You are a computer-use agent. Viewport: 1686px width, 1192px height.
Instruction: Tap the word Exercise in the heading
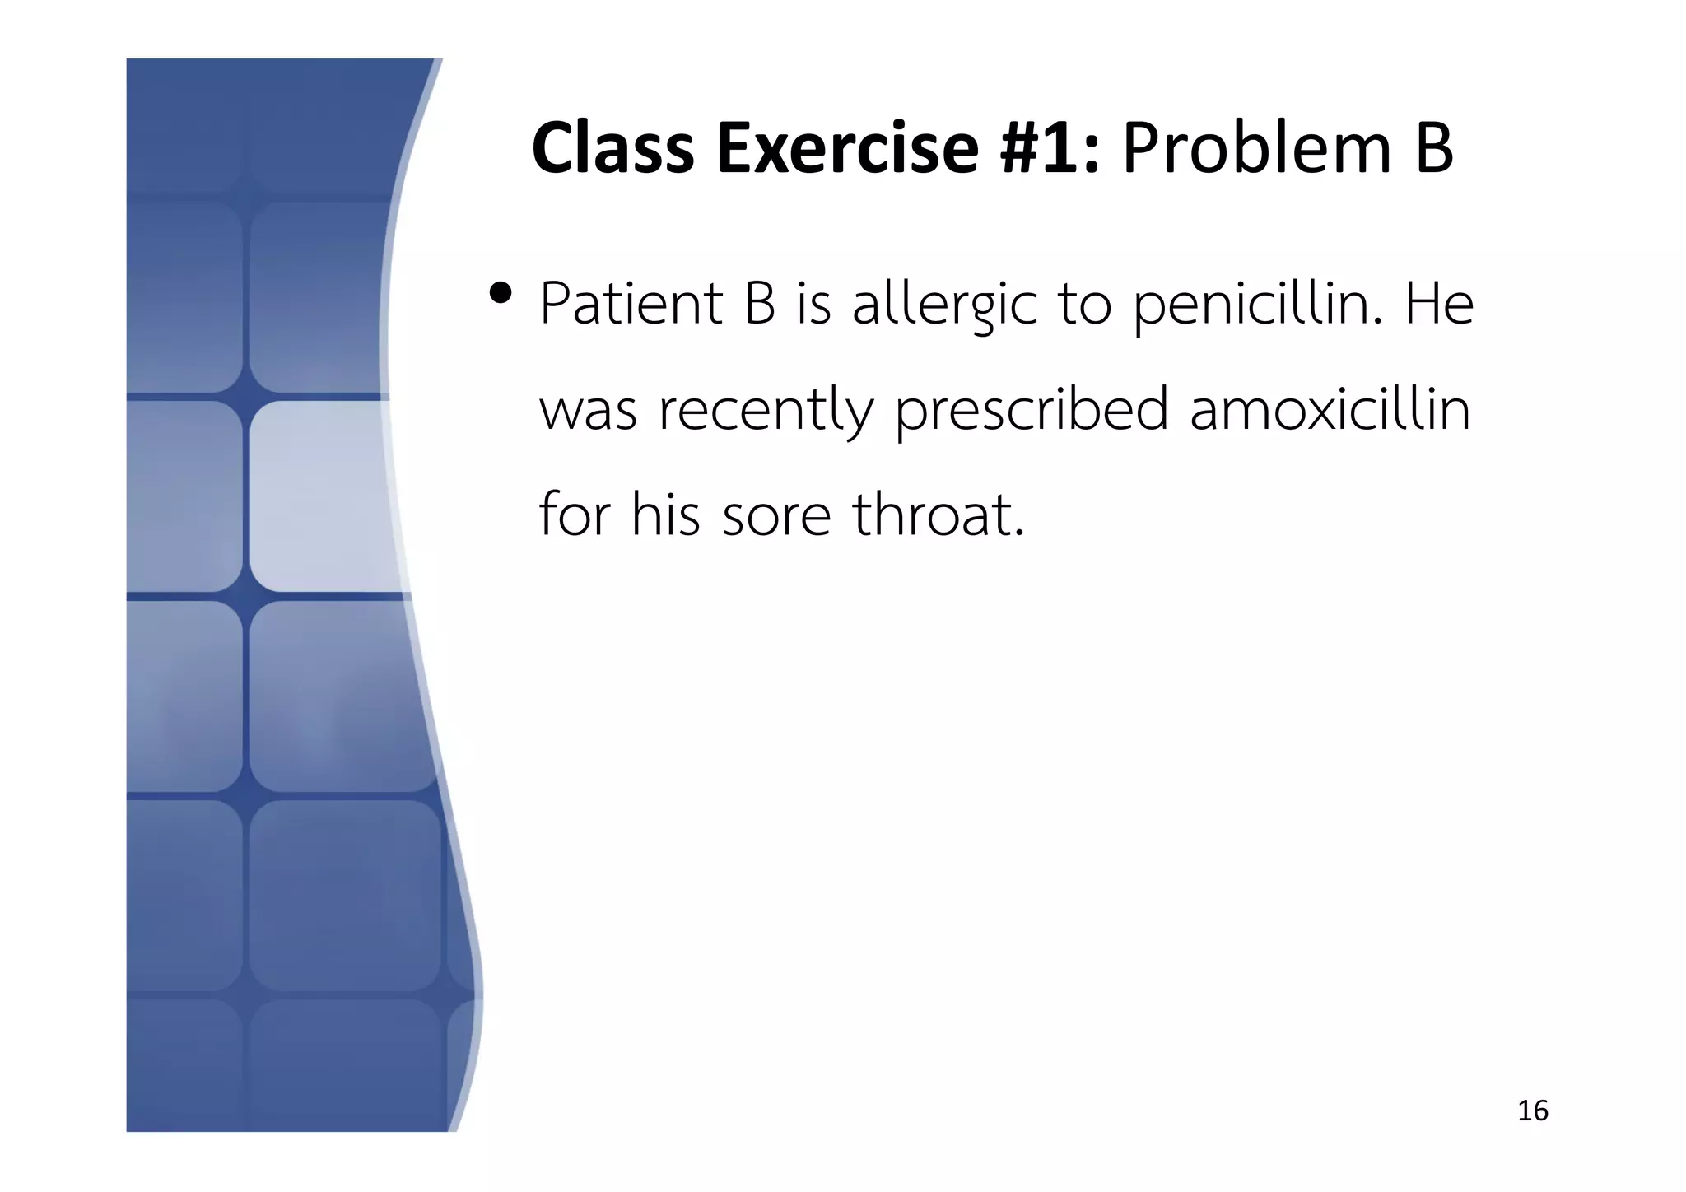pos(847,149)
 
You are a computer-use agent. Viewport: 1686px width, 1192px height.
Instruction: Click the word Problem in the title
pos(1256,149)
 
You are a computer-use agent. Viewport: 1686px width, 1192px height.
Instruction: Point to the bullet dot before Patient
pos(500,293)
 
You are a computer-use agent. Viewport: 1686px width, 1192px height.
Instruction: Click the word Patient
pos(631,304)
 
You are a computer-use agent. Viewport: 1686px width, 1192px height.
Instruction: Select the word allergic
pos(943,305)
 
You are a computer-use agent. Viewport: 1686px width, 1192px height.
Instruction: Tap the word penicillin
pos(1258,305)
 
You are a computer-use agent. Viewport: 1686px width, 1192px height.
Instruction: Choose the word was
pos(588,411)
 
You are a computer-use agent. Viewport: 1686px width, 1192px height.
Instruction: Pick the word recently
pos(766,411)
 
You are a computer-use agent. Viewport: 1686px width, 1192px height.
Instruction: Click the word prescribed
pos(1032,411)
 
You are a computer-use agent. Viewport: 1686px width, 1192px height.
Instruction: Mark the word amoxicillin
pos(1330,409)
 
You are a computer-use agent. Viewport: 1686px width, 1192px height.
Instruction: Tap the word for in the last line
pos(575,515)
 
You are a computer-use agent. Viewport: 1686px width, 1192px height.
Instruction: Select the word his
pos(665,515)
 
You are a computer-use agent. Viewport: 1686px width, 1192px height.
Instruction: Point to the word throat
pos(938,515)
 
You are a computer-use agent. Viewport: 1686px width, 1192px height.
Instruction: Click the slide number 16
pos(1532,1111)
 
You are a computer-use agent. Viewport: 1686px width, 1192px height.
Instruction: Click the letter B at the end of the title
pos(1433,149)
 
